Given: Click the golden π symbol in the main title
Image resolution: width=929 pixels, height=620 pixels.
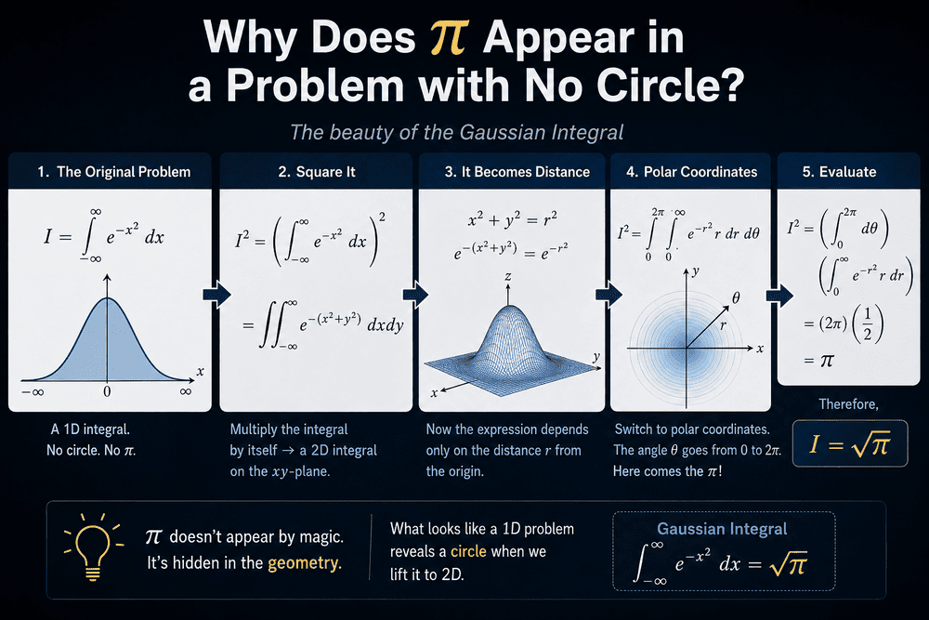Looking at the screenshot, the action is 450,38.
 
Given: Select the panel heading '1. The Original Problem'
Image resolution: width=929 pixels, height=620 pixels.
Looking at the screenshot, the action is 113,172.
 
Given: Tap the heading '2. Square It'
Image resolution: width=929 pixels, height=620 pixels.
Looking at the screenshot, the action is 317,172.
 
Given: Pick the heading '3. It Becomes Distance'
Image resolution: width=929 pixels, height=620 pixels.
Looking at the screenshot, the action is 517,172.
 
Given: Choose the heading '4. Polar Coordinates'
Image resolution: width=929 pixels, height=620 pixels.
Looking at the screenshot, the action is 691,172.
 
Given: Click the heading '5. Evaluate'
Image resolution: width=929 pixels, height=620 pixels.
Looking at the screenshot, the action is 839,172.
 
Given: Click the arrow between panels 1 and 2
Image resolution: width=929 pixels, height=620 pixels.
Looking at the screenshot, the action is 216,295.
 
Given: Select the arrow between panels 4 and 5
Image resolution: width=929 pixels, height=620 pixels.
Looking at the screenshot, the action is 779,295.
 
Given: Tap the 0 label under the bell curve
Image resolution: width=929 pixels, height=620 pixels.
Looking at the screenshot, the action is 107,391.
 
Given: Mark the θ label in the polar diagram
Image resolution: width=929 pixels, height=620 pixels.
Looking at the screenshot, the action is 736,297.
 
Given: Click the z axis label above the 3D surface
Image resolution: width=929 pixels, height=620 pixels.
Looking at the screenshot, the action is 508,276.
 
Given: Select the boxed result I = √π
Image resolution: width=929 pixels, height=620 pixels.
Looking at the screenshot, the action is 850,444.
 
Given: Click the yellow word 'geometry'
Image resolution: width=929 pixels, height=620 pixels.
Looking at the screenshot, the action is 305,562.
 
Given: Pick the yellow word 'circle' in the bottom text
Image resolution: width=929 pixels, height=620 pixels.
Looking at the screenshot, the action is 468,551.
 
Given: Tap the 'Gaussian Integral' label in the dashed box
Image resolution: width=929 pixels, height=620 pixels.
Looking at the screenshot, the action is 722,529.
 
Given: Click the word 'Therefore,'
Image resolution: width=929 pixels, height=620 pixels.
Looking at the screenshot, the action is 848,404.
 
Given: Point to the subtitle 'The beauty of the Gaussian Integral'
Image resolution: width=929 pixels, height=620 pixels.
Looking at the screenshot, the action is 457,132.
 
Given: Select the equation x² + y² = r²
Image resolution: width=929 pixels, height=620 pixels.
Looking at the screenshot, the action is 512,220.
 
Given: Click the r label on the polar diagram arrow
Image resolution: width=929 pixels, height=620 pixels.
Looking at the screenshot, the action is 723,324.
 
